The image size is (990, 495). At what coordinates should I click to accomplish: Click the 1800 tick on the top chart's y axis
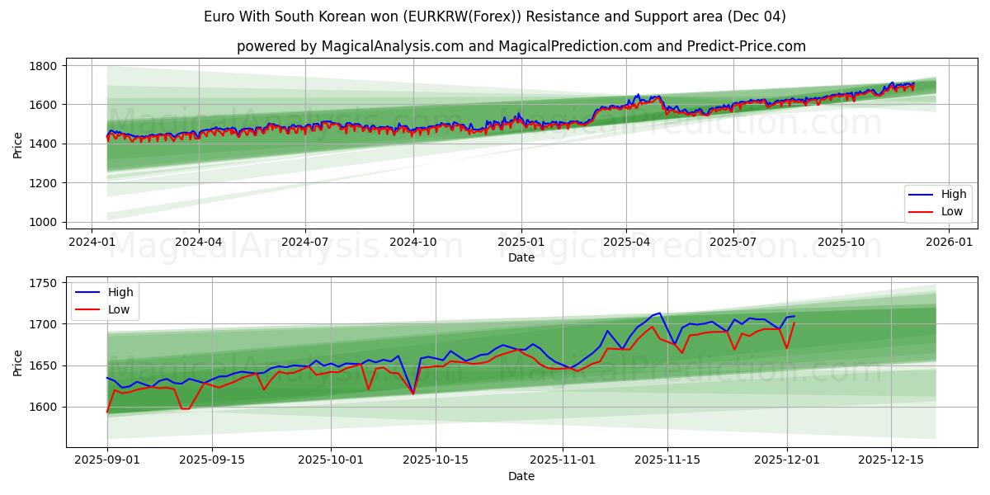click(x=43, y=66)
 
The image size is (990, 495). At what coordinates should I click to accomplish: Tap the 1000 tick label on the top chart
click(x=43, y=223)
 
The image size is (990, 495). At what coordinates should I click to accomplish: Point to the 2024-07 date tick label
click(x=305, y=242)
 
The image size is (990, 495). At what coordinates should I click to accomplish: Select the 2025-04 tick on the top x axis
click(x=626, y=242)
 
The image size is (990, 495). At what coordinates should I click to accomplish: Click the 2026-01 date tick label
click(x=949, y=242)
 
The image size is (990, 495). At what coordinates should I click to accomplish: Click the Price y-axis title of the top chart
click(x=18, y=144)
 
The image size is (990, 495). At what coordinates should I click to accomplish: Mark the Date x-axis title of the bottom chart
click(x=521, y=476)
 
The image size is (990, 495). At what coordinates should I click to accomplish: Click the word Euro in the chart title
click(x=218, y=16)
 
